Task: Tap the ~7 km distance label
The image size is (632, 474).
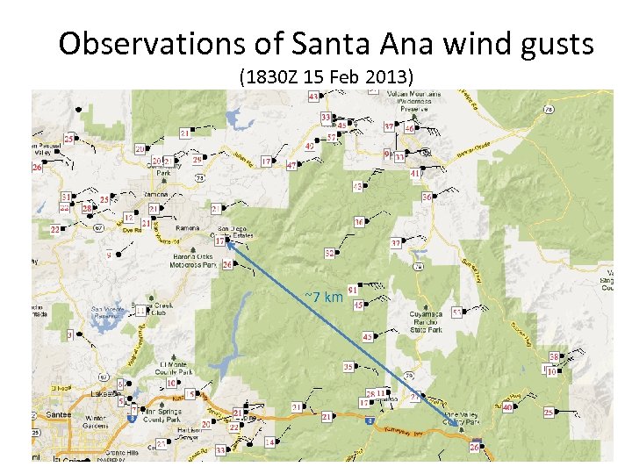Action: click(x=323, y=297)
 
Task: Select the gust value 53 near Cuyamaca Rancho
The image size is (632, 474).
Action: click(x=456, y=312)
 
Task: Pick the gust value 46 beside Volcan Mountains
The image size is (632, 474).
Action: click(x=409, y=129)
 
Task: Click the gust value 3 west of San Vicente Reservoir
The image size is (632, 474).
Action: click(x=69, y=334)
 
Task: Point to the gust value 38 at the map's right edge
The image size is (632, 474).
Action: click(x=554, y=356)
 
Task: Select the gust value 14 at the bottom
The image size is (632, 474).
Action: click(x=269, y=442)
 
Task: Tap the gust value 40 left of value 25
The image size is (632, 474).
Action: click(x=508, y=407)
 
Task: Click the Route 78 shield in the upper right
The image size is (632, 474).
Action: click(x=548, y=110)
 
